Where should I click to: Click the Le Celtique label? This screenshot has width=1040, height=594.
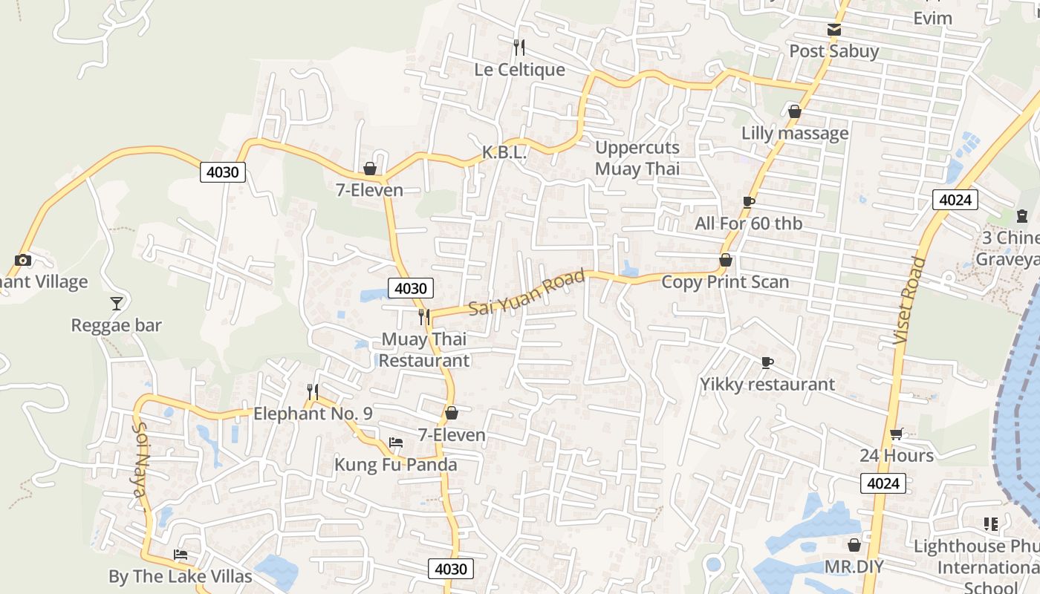[520, 70]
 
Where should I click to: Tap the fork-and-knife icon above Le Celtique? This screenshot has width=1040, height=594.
[519, 48]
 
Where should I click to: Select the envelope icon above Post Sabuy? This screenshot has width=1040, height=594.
[834, 30]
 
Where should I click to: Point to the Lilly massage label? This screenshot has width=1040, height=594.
[795, 134]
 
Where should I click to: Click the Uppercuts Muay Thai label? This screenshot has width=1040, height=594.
[637, 158]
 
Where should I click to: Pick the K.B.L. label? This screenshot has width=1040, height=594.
[504, 153]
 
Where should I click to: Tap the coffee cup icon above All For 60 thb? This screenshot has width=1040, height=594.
[749, 202]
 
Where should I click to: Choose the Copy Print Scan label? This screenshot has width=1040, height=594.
[725, 282]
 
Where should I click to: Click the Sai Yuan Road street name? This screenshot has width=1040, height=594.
[527, 293]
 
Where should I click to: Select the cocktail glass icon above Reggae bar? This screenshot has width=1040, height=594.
[117, 303]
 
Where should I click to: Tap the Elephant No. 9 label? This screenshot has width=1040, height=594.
[313, 414]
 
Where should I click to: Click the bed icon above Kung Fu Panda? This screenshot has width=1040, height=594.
[396, 443]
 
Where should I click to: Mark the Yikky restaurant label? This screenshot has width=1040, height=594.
[767, 385]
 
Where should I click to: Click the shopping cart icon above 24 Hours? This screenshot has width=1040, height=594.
[897, 434]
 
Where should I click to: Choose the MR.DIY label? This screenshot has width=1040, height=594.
[854, 567]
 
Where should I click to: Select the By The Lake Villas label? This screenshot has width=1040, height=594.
[181, 576]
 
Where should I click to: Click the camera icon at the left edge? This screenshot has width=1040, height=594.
[23, 260]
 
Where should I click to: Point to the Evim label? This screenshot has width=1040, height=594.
[932, 19]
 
